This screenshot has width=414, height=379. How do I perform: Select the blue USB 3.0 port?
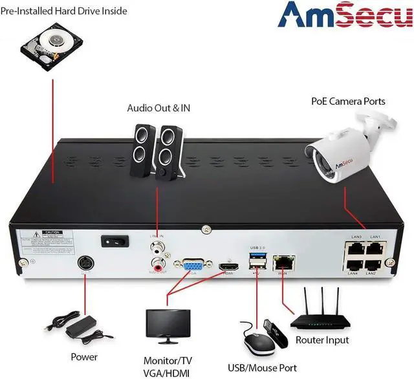point(256,257)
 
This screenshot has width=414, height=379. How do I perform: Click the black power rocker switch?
point(111,241)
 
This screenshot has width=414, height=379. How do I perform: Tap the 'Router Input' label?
point(340,340)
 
